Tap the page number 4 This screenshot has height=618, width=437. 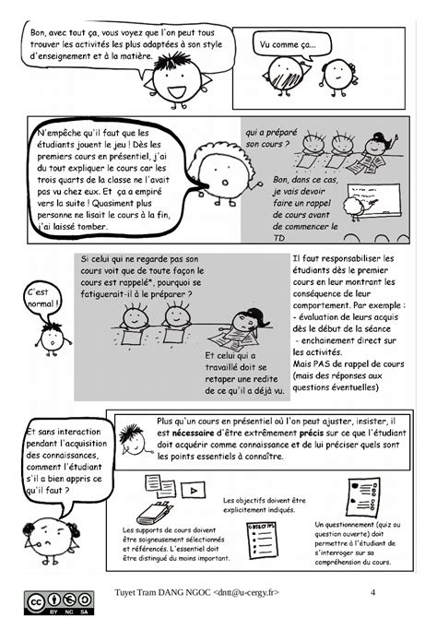point(373,591)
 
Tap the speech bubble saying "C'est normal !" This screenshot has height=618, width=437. point(43,297)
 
